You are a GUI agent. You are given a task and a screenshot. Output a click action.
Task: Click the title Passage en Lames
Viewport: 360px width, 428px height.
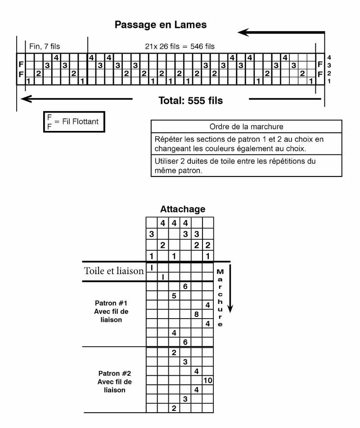click(161, 25)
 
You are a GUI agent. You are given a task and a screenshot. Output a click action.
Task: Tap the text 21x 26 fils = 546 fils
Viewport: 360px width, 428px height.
click(180, 46)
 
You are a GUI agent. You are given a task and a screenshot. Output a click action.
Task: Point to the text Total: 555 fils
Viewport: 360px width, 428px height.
click(190, 100)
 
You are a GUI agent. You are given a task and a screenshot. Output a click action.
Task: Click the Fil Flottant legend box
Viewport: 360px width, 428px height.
click(74, 122)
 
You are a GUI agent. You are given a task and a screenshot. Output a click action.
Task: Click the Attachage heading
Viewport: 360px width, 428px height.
click(183, 209)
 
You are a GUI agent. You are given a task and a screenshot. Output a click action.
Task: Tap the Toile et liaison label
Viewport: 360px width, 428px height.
click(114, 271)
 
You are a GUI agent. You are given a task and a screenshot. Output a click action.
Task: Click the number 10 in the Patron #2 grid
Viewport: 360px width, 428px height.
click(207, 381)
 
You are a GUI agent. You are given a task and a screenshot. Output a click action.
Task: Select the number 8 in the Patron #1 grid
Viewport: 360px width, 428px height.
click(196, 314)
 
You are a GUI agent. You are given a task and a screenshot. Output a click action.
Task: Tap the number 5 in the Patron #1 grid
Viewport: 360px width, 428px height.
click(174, 296)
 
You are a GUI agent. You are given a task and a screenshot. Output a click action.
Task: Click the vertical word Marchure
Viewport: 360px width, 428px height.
click(220, 298)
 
